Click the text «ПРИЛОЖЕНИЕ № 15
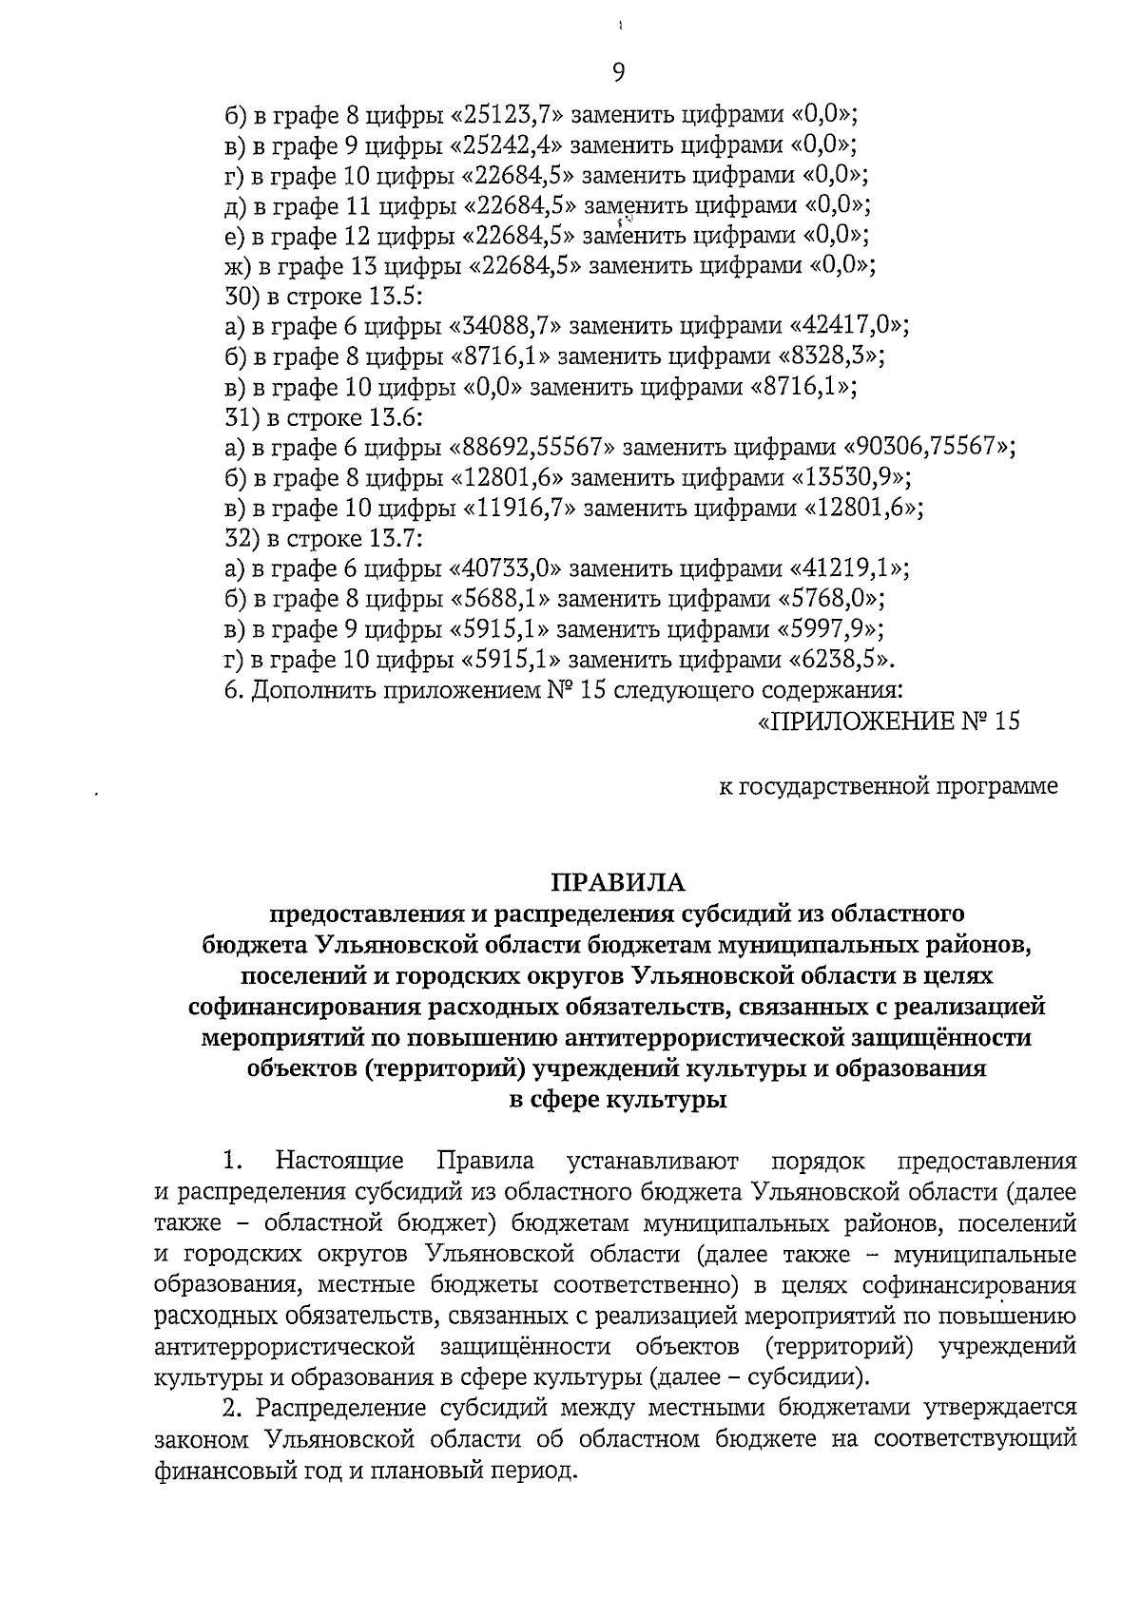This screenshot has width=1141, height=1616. tap(888, 721)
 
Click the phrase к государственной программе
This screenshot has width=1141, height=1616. tap(887, 786)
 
